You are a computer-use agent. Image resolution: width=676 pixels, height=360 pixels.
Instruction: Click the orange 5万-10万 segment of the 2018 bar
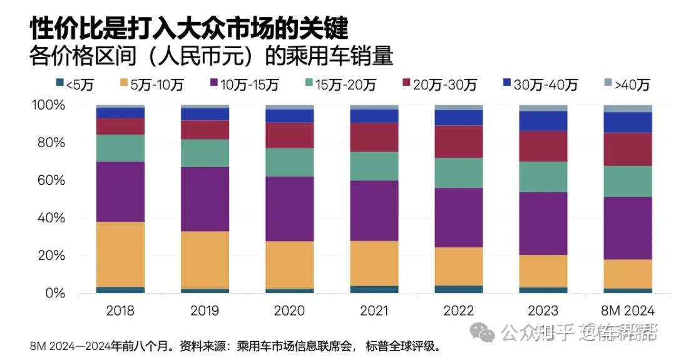120,254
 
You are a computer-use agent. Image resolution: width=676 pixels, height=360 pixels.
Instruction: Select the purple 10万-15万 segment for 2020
289,208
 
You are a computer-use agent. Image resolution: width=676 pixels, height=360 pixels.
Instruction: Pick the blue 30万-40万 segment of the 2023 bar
543,121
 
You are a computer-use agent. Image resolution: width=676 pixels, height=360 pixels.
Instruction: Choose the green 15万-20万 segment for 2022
459,173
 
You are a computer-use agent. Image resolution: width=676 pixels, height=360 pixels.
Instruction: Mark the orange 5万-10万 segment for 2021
374,263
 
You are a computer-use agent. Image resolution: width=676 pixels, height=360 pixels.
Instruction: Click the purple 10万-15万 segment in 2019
205,199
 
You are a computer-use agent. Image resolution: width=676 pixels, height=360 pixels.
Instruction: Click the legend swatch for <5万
60,83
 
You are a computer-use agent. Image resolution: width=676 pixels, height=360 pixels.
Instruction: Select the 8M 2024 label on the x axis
628,311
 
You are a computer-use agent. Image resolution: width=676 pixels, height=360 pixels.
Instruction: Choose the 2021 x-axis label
374,311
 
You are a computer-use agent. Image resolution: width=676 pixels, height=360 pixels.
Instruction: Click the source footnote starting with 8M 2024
235,346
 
